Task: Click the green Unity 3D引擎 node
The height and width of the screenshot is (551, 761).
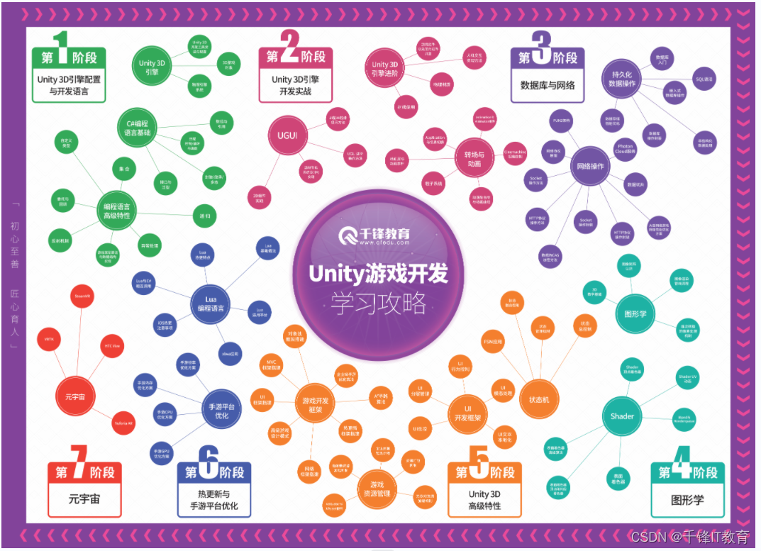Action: click(x=147, y=67)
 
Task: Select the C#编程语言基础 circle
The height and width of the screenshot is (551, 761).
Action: click(x=138, y=132)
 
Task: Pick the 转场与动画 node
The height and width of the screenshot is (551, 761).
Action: click(x=473, y=160)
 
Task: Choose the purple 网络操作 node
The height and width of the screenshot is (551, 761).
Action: click(x=591, y=167)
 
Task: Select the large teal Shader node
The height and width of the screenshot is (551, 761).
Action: click(x=622, y=416)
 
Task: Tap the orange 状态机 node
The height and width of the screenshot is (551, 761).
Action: click(x=540, y=400)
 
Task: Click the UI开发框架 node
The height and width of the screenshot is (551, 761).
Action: click(x=467, y=413)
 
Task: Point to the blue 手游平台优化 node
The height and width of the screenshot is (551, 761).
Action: click(x=221, y=411)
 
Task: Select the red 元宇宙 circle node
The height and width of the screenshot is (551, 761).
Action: click(x=76, y=397)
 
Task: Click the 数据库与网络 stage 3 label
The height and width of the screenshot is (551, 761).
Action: click(x=547, y=85)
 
